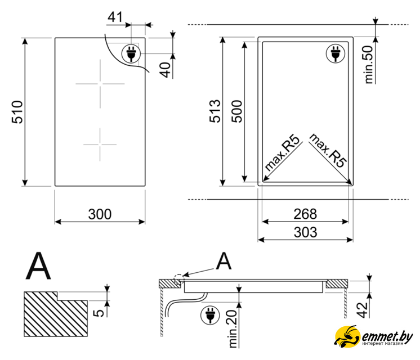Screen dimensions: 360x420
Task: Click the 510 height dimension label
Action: [x=16, y=112]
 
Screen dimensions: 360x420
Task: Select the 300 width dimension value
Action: [x=100, y=214]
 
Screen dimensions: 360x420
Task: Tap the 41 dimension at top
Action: [x=115, y=17]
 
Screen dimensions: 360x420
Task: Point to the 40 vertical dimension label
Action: [x=165, y=70]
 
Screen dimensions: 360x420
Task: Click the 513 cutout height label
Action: [x=214, y=111]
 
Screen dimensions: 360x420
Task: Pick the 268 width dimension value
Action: [x=305, y=214]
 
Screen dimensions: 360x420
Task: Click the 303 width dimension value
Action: [x=305, y=232]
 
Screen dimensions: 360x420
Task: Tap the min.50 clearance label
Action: [x=369, y=64]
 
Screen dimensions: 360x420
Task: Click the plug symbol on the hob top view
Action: [x=131, y=53]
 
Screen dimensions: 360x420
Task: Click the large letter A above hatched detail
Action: [x=38, y=267]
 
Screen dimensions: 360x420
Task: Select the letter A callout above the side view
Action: [x=224, y=262]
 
